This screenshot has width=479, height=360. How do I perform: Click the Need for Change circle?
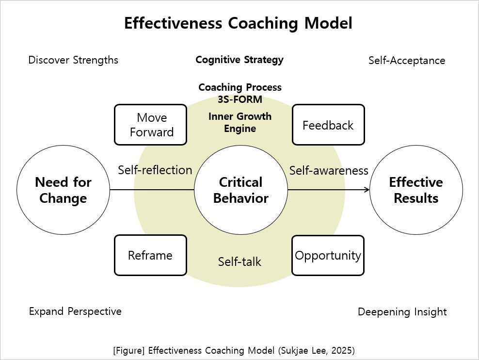(63, 190)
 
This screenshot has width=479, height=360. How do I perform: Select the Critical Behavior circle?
(240, 190)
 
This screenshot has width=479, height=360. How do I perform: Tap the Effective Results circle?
(415, 190)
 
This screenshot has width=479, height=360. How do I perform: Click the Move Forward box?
(151, 125)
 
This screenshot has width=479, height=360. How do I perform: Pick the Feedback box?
(328, 125)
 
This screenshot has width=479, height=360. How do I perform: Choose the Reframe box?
(150, 255)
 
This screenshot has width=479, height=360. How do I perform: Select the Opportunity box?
(328, 255)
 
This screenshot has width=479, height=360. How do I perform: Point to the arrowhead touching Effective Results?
(367, 190)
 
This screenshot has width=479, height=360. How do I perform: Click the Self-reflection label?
(155, 170)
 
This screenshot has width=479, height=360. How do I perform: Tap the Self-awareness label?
(329, 171)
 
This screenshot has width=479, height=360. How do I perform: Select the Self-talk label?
(239, 262)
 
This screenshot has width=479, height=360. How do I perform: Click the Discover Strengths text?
(73, 60)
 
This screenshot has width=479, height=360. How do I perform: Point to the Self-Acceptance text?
(407, 61)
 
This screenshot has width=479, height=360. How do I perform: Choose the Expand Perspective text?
(75, 311)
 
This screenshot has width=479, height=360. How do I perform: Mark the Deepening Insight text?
(402, 312)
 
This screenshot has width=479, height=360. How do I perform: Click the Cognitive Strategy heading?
(239, 60)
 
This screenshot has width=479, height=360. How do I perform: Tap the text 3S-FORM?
(240, 99)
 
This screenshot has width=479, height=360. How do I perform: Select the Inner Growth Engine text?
(240, 122)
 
